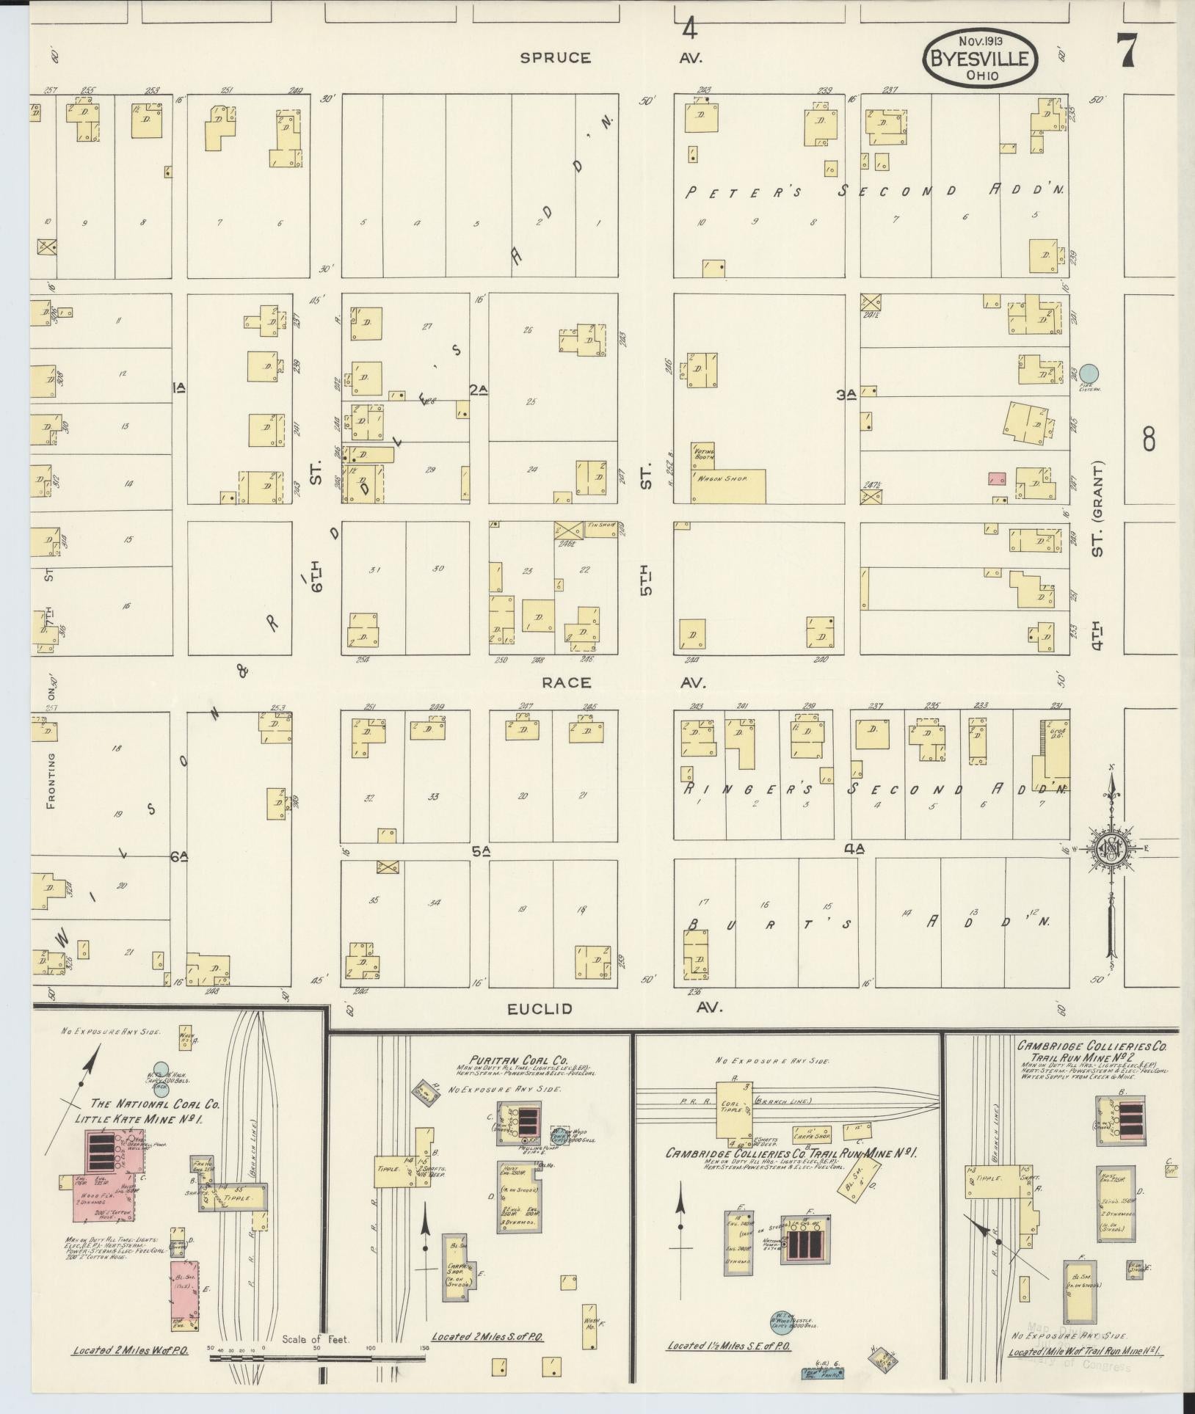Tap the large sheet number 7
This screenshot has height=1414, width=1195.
click(x=1127, y=51)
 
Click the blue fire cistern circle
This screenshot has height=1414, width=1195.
click(x=1090, y=373)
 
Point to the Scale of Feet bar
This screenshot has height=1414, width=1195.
click(x=317, y=1358)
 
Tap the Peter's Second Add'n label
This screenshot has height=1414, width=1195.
click(x=873, y=192)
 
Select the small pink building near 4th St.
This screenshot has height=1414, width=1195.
click(x=996, y=478)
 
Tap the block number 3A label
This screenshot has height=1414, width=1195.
click(x=846, y=395)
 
